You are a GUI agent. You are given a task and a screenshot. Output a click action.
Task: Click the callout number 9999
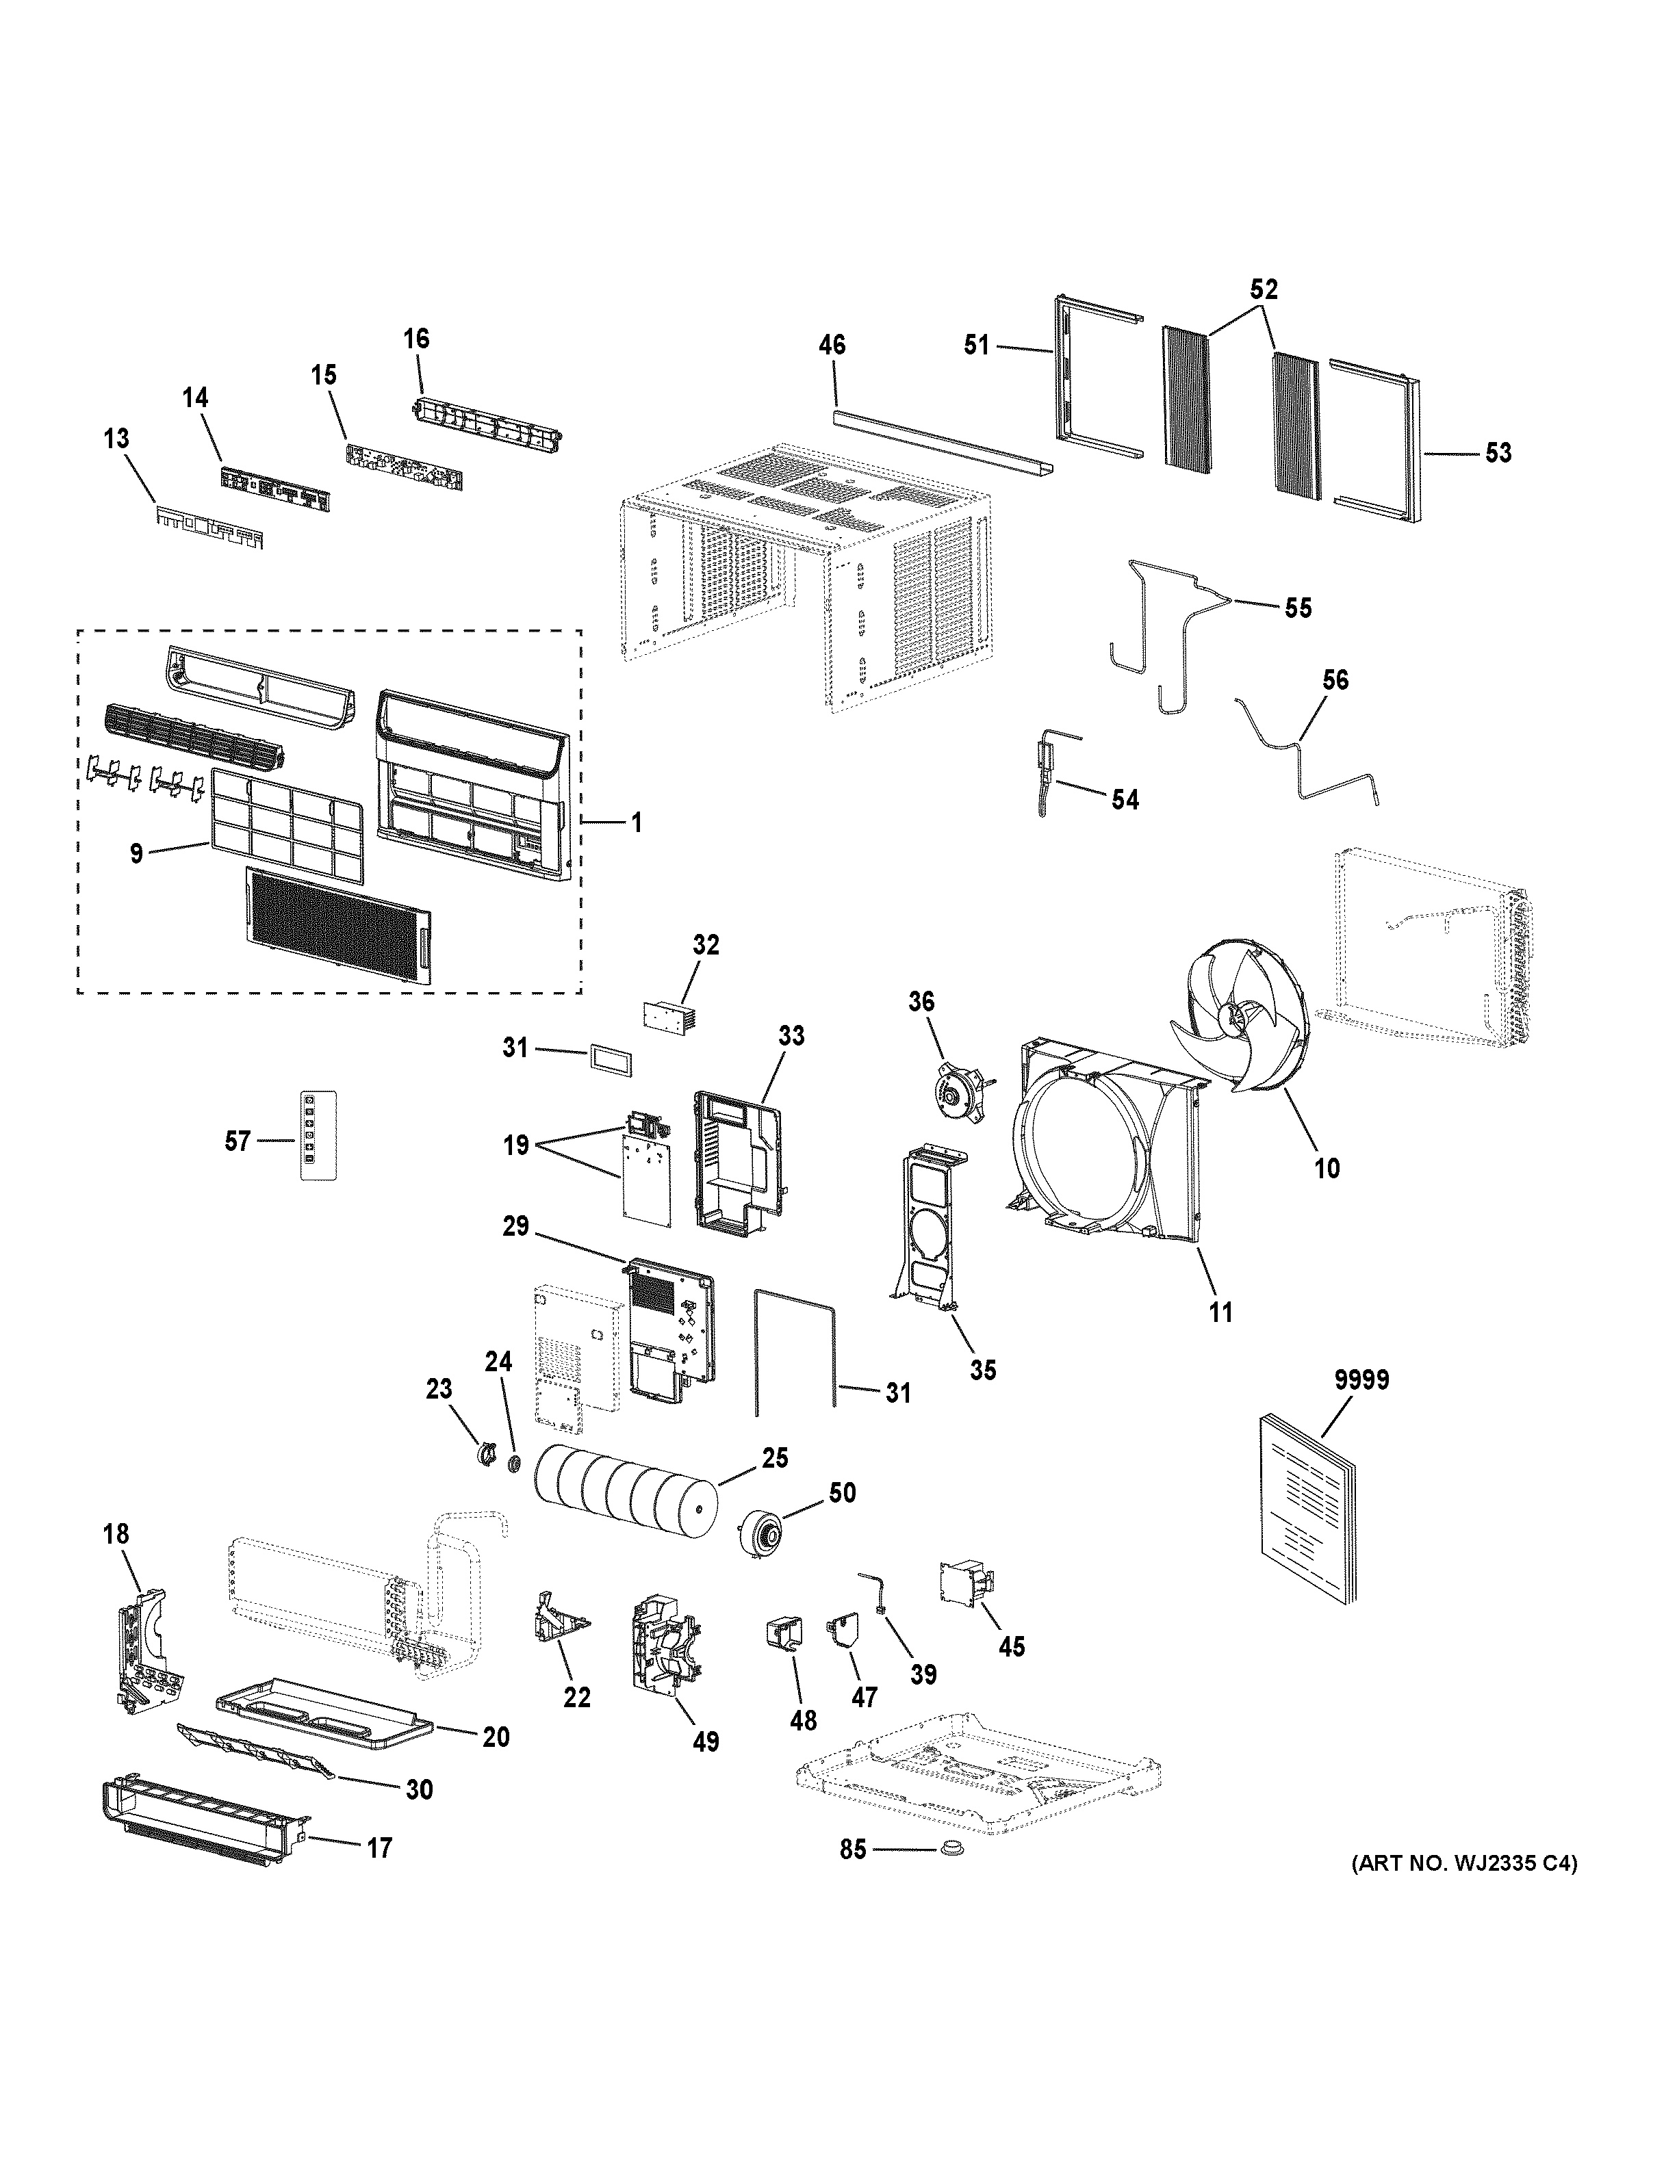point(1361,1380)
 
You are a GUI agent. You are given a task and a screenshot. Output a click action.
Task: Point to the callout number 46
point(832,346)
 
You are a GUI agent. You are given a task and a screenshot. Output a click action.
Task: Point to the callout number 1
point(636,822)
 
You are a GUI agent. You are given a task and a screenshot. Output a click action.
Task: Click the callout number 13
point(116,439)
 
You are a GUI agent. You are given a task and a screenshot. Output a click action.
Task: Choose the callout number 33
point(791,1036)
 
